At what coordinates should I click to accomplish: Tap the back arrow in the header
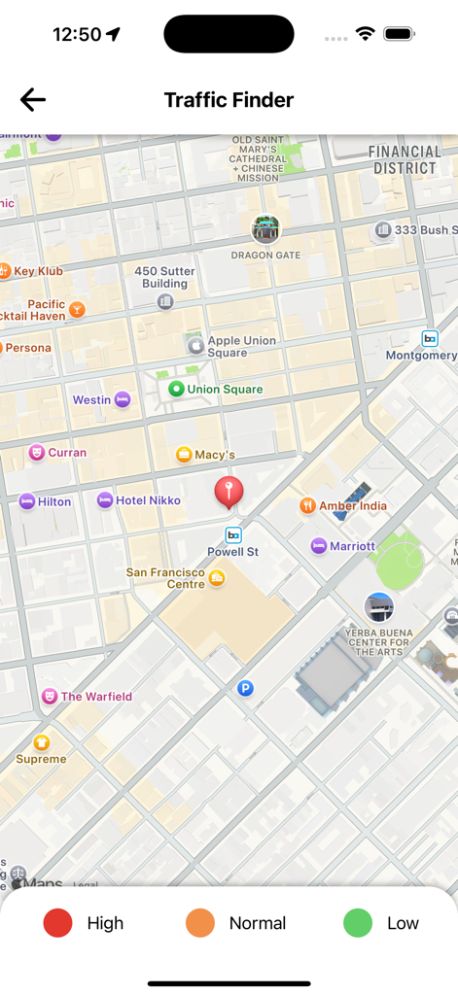click(33, 99)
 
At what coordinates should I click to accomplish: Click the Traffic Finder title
click(229, 100)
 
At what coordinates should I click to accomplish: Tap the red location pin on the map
click(229, 492)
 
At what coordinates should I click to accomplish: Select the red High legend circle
click(58, 923)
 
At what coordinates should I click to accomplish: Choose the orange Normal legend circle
click(200, 923)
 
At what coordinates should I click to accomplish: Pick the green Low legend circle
click(358, 923)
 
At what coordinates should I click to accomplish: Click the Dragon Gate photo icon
click(265, 229)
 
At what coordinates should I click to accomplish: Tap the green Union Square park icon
click(176, 389)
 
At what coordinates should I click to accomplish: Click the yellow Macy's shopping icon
click(184, 455)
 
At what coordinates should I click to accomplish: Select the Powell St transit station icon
click(233, 534)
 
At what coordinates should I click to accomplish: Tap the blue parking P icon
click(246, 688)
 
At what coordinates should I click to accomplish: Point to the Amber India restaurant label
click(352, 505)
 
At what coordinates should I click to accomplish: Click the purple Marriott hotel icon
click(319, 546)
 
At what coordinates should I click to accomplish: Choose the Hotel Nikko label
click(148, 500)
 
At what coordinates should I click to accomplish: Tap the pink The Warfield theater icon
click(49, 696)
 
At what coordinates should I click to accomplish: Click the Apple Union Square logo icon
click(195, 345)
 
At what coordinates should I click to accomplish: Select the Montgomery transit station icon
click(430, 338)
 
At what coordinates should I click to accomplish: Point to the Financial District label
click(405, 159)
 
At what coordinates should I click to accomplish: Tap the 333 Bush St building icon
click(383, 230)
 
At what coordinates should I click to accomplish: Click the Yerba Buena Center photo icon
click(378, 607)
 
